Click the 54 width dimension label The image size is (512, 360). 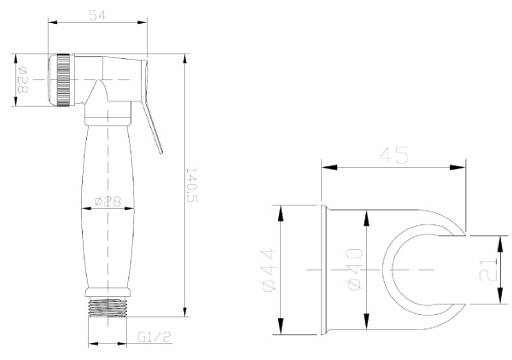pos(97,15)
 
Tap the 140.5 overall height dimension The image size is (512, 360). pos(192,185)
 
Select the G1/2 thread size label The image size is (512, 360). pos(154,336)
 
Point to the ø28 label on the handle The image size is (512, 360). pos(108,201)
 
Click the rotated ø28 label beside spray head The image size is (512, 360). pos(22,79)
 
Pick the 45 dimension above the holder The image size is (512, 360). pos(393,154)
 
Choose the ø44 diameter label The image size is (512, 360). pos(269,270)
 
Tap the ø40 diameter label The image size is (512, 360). pos(355,270)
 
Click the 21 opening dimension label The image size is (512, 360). pos(487,270)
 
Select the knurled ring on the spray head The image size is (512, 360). pos(63,80)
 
